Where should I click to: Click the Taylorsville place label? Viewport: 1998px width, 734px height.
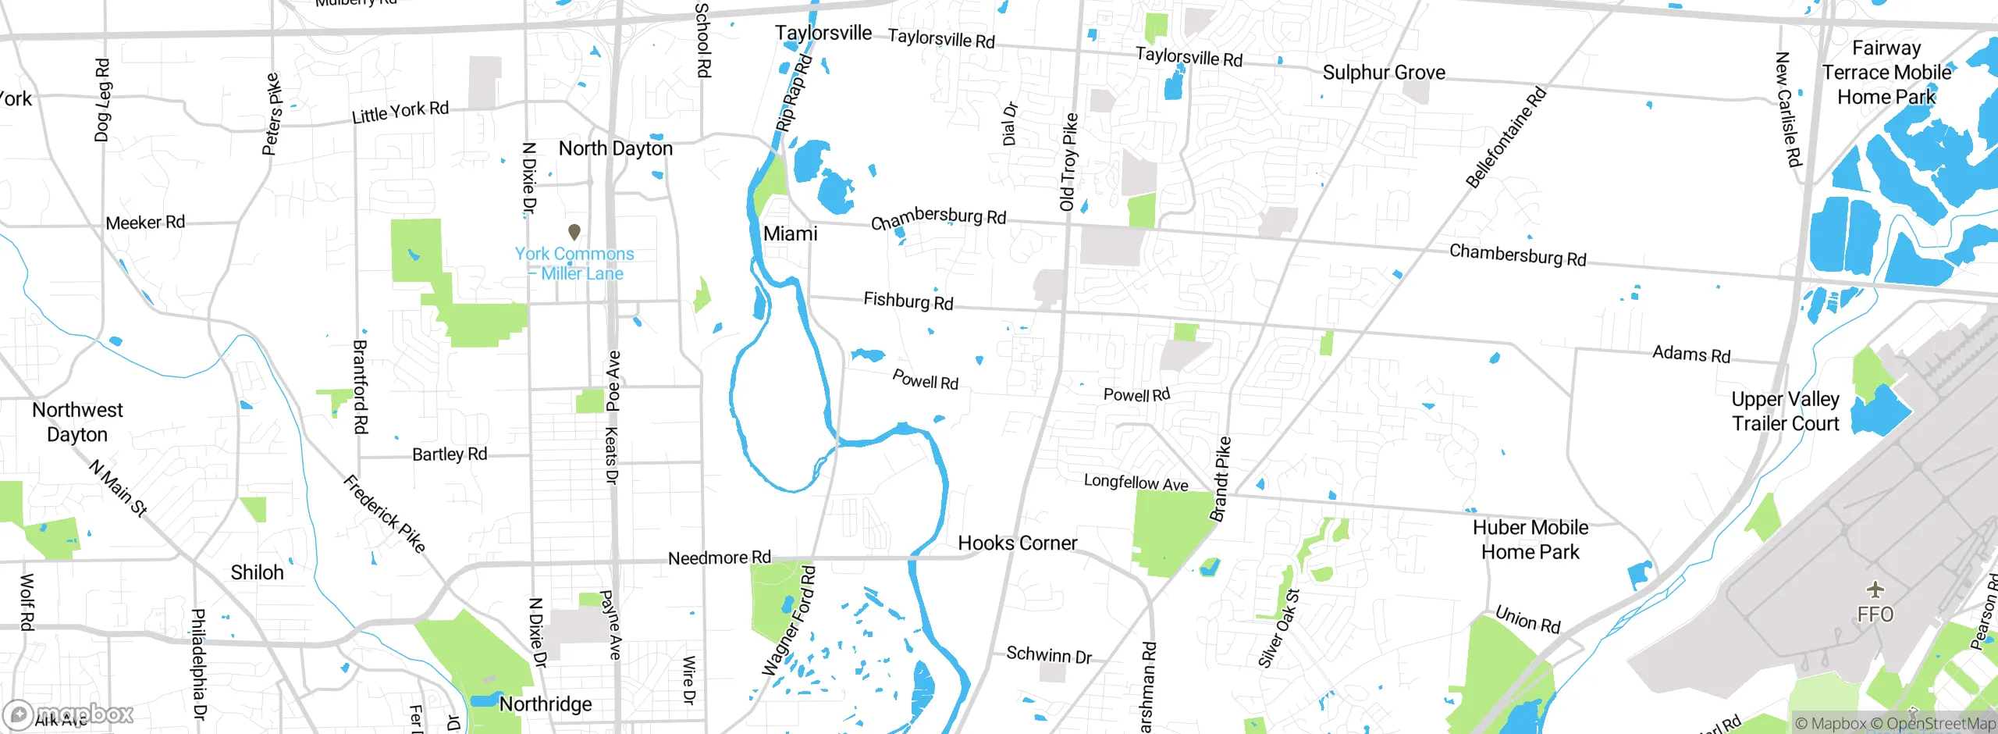823,33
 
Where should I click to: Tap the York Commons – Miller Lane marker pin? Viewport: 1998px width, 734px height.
574,232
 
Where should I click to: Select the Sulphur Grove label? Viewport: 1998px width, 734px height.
1384,73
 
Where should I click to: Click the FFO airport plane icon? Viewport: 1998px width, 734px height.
1875,590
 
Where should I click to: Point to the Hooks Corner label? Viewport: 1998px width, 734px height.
1017,543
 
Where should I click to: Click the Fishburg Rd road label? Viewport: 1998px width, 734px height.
908,301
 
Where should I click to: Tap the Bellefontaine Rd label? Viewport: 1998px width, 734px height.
1506,138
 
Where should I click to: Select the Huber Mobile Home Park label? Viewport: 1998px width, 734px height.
1530,540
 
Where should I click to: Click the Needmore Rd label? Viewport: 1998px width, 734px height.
719,558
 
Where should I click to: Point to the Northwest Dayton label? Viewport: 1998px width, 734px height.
77,422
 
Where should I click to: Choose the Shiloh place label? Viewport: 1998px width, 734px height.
257,572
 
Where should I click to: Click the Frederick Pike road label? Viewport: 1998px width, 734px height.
385,514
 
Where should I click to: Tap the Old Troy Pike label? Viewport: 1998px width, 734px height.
1068,162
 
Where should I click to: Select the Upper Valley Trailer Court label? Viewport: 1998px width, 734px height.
1785,412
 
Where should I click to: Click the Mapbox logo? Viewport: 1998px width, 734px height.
69,714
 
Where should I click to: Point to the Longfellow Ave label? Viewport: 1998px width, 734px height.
1136,483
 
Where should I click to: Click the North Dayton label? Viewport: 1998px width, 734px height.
615,148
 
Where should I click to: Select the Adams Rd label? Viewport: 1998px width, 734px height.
1691,355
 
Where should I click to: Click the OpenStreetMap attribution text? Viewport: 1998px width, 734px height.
1940,724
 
